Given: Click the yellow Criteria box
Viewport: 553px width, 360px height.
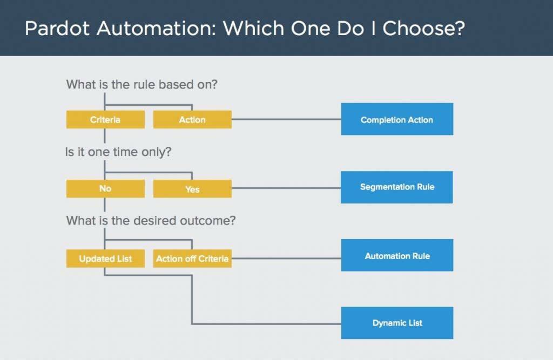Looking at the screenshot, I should click(105, 120).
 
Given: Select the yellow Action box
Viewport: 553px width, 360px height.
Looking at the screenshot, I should click(192, 120).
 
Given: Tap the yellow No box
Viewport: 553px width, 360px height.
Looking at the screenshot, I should click(105, 189).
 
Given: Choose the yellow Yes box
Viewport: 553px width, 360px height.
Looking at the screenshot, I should click(192, 189).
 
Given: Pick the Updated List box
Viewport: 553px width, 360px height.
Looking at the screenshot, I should click(105, 259).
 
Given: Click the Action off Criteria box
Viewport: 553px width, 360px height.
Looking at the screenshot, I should click(192, 259).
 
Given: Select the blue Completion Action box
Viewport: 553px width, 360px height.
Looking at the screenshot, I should click(397, 119).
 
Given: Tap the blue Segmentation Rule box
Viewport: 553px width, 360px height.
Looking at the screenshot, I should click(397, 187).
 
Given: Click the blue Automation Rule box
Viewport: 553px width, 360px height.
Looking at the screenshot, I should click(397, 255).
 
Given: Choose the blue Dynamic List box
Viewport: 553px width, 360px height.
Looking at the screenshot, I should click(397, 323).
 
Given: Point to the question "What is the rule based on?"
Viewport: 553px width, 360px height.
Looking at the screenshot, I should click(141, 85).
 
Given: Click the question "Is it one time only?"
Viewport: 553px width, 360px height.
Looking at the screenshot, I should click(118, 152).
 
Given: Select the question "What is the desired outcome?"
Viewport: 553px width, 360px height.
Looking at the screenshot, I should click(151, 220).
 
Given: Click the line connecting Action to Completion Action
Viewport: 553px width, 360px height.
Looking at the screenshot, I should click(286, 119).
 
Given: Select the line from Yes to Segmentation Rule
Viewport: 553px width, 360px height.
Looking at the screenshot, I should click(286, 188).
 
